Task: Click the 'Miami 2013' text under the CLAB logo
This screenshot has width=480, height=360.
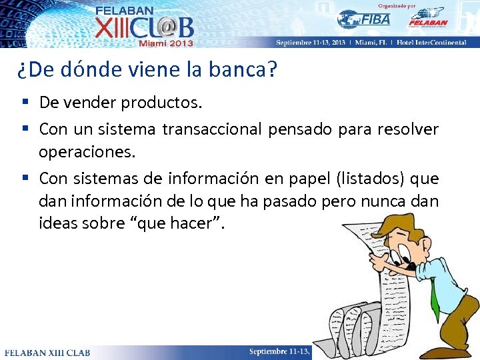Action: [165, 43]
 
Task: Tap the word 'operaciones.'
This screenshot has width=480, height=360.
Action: [87, 153]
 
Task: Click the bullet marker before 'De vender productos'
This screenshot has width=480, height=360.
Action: [24, 103]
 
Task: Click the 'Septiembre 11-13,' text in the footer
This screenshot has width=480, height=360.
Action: [279, 351]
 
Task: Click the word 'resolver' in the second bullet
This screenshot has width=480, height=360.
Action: [409, 128]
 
